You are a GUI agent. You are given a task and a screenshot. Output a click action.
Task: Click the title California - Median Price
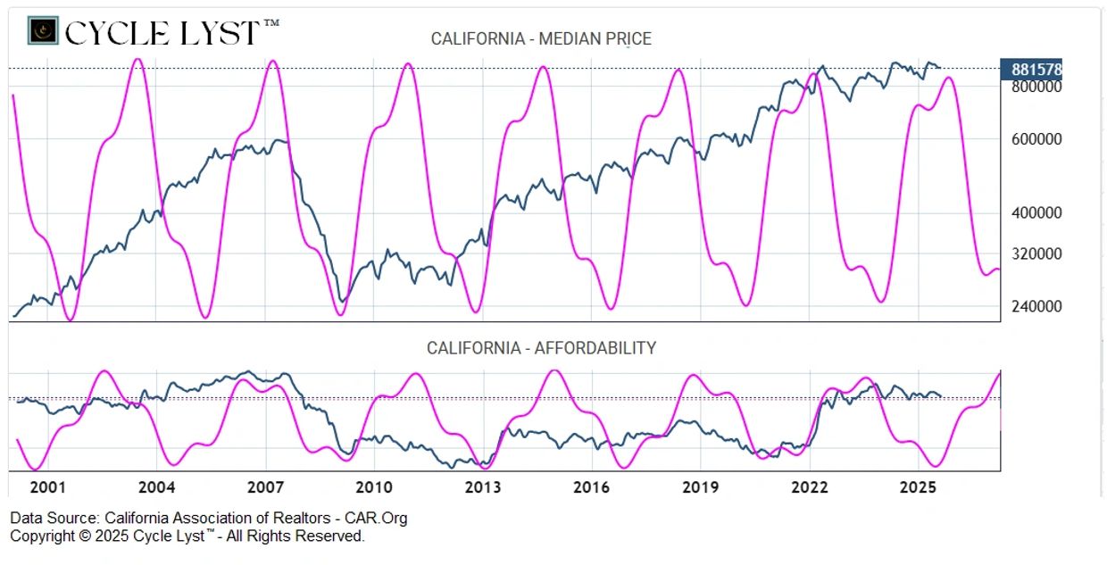541,38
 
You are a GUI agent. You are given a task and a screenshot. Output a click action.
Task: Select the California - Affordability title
541,348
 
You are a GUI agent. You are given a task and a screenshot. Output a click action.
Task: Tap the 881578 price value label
1036,70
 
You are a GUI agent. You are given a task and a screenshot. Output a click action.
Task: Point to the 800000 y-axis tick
1036,87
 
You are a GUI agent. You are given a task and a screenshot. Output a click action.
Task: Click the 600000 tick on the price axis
1036,139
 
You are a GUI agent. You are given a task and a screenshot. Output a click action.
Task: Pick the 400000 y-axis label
1036,213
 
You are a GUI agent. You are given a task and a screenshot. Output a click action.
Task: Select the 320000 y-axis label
1036,253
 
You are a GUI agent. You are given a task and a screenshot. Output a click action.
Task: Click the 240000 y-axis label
1036,306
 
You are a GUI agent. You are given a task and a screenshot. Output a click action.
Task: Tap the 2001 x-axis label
47,487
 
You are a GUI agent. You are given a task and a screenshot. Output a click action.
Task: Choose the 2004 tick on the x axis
156,487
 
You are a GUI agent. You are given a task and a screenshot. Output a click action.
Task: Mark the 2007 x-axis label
265,487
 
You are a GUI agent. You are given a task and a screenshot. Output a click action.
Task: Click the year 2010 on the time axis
374,487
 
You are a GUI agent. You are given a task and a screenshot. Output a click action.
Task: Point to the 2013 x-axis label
483,487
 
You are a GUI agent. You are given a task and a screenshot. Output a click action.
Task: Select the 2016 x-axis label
591,487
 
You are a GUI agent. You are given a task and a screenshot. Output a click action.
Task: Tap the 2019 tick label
700,487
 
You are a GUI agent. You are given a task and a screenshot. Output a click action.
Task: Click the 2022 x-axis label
809,487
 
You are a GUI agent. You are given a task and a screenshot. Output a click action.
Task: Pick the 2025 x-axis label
918,487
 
